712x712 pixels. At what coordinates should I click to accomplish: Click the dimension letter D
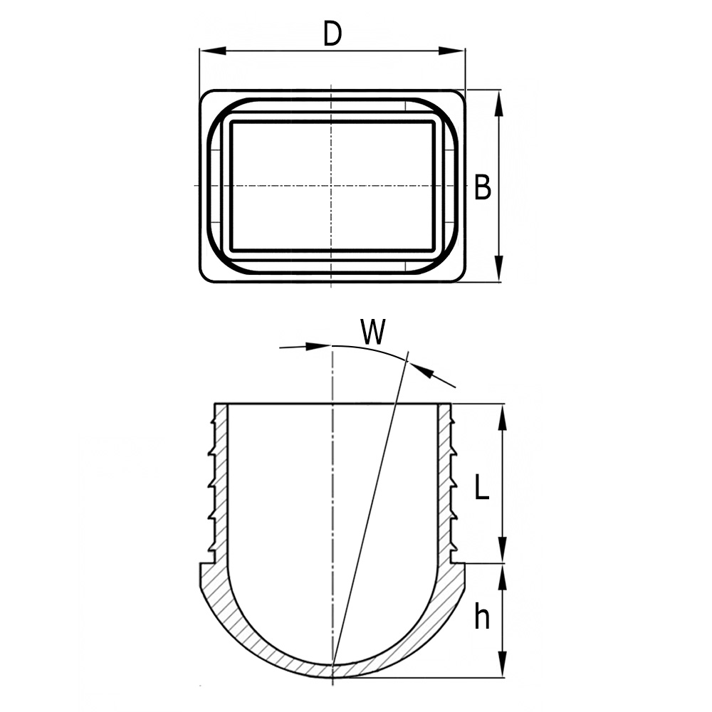pyautogui.click(x=332, y=33)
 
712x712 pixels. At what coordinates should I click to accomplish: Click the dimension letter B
pyautogui.click(x=483, y=188)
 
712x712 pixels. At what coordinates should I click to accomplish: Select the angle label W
pyautogui.click(x=373, y=332)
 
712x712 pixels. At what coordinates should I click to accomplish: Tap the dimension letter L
pyautogui.click(x=482, y=488)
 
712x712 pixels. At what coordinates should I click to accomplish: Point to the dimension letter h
pyautogui.click(x=482, y=617)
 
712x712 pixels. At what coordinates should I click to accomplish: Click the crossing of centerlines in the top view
pyautogui.click(x=332, y=187)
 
